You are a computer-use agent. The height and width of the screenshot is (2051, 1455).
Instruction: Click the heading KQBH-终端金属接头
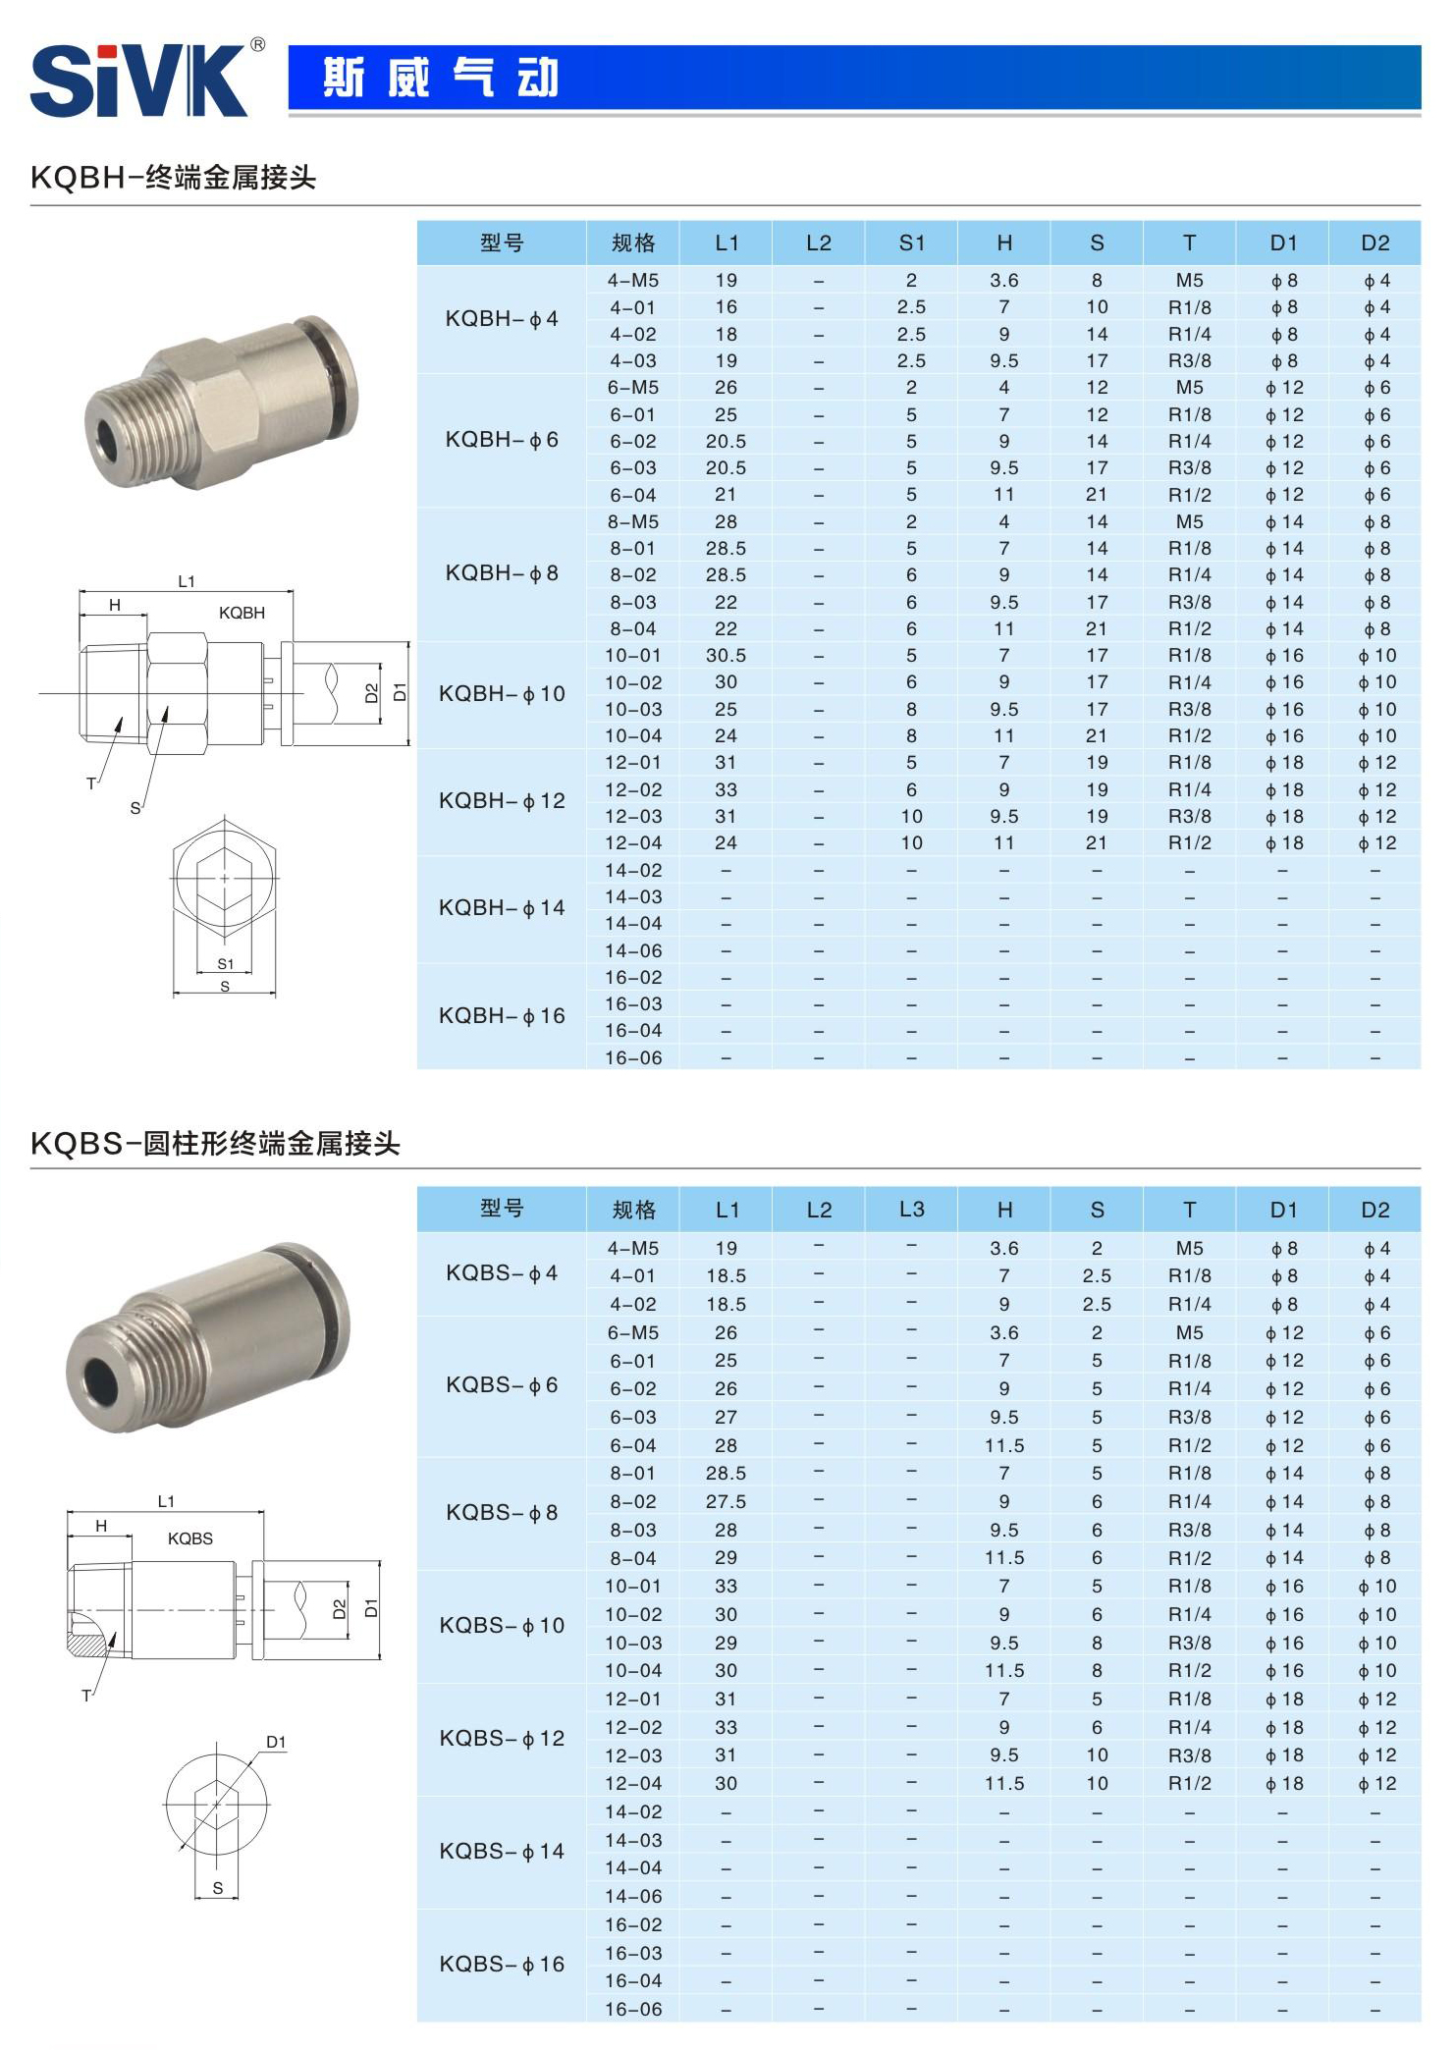[x=173, y=178]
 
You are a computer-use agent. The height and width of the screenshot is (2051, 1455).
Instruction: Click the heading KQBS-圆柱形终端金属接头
[x=215, y=1144]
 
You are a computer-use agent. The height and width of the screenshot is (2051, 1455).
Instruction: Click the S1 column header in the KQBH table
[x=911, y=243]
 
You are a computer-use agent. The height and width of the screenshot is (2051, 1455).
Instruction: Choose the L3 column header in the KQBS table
[x=911, y=1210]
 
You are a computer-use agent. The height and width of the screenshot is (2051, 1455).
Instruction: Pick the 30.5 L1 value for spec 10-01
[x=726, y=656]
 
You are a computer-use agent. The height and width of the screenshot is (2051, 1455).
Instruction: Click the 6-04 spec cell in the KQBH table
[x=632, y=495]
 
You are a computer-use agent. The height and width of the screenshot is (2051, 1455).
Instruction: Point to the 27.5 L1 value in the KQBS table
[x=726, y=1501]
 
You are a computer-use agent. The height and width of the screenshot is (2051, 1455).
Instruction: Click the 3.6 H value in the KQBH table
[x=1003, y=281]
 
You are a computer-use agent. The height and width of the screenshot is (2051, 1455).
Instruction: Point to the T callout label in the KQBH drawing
[x=91, y=783]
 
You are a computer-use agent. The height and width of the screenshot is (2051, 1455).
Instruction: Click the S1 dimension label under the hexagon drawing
[x=226, y=963]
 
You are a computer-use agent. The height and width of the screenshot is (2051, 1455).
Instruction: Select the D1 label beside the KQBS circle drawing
[x=276, y=1742]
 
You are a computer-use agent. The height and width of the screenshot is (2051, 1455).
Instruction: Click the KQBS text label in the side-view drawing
[x=189, y=1538]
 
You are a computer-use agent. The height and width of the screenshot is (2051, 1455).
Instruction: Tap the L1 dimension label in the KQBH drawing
[x=187, y=581]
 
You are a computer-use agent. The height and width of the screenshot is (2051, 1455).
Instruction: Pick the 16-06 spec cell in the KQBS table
[x=632, y=2009]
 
